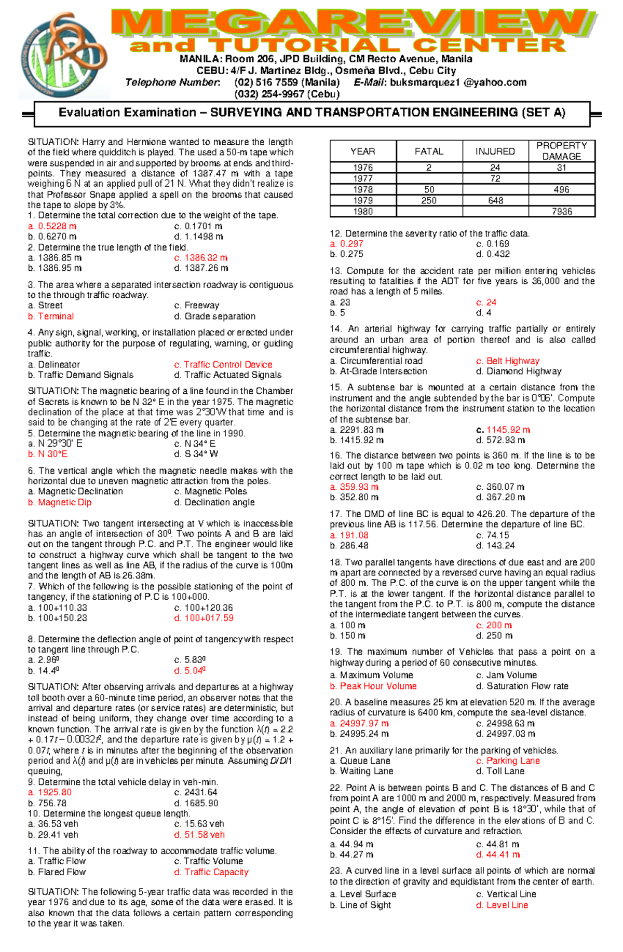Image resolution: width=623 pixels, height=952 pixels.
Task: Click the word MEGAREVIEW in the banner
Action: [353, 23]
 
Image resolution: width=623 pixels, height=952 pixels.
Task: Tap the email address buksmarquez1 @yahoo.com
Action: [458, 82]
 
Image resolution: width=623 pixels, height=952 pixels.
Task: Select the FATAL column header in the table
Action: [429, 151]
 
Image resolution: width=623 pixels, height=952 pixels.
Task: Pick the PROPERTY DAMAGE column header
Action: [561, 151]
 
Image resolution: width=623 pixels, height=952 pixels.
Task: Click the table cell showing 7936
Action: [561, 212]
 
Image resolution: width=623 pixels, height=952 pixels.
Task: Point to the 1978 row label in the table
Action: [363, 190]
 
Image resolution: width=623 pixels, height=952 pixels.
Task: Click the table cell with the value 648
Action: [495, 201]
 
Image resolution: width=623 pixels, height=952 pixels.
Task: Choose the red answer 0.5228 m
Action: [52, 226]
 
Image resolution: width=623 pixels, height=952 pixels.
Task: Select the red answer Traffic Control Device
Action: [223, 365]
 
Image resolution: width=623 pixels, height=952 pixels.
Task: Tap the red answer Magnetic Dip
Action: [60, 502]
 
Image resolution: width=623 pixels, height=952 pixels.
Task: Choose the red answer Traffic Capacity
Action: [211, 872]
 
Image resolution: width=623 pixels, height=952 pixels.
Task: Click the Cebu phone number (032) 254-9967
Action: [287, 94]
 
